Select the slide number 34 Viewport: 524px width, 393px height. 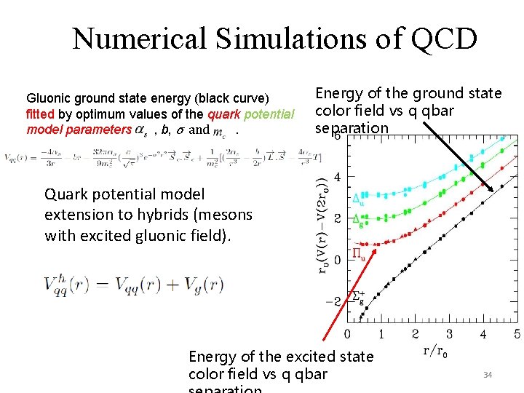tap(488, 375)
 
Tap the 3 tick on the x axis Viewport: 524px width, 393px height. tap(449, 333)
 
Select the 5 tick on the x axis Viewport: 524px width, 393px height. tap(517, 333)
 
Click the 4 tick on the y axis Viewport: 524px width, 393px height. tap(338, 177)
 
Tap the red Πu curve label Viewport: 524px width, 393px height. tap(359, 254)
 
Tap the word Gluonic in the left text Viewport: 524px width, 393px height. tap(49, 98)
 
